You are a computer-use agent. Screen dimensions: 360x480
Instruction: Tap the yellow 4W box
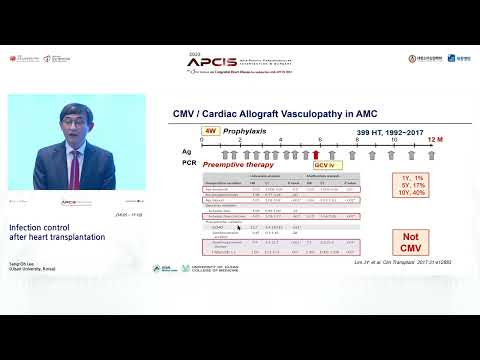(210, 131)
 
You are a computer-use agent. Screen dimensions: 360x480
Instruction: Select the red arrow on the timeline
(317, 154)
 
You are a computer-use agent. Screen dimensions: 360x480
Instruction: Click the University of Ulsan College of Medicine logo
(218, 268)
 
